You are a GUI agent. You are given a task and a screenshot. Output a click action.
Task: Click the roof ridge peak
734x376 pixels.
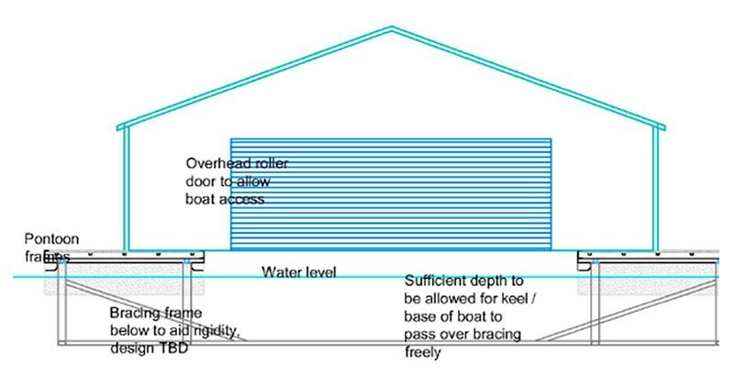392,28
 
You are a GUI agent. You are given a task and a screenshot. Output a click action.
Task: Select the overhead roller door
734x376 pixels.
391,194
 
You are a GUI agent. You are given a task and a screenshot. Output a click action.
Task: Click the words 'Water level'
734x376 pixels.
299,271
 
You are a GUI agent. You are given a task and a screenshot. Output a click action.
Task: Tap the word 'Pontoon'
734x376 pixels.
51,239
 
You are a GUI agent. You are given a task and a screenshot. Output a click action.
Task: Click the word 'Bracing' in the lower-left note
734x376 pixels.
135,314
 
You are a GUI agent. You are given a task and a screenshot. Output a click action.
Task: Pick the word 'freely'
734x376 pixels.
423,351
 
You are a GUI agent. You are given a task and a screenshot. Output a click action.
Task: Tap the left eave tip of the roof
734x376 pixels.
117,127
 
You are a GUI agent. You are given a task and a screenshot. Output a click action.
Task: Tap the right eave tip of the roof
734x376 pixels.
664,127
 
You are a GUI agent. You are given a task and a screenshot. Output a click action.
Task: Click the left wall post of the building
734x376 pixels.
126,189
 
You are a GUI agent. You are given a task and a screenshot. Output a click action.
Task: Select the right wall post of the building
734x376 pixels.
656,189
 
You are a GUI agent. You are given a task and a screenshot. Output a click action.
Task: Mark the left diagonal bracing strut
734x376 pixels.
155,311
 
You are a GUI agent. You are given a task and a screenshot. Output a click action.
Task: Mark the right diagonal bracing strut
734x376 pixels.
628,311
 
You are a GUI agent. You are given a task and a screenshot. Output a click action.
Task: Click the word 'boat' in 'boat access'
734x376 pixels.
201,199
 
